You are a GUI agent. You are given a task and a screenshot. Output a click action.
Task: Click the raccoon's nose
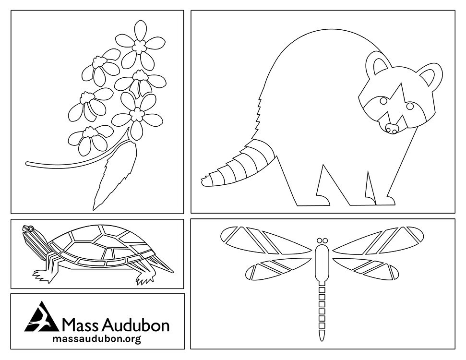point(392,128)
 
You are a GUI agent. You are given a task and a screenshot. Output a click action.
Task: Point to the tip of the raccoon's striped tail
point(205,181)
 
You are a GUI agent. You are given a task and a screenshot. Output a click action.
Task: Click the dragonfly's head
point(322,240)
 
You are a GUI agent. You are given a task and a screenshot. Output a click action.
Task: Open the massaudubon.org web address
point(96,339)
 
